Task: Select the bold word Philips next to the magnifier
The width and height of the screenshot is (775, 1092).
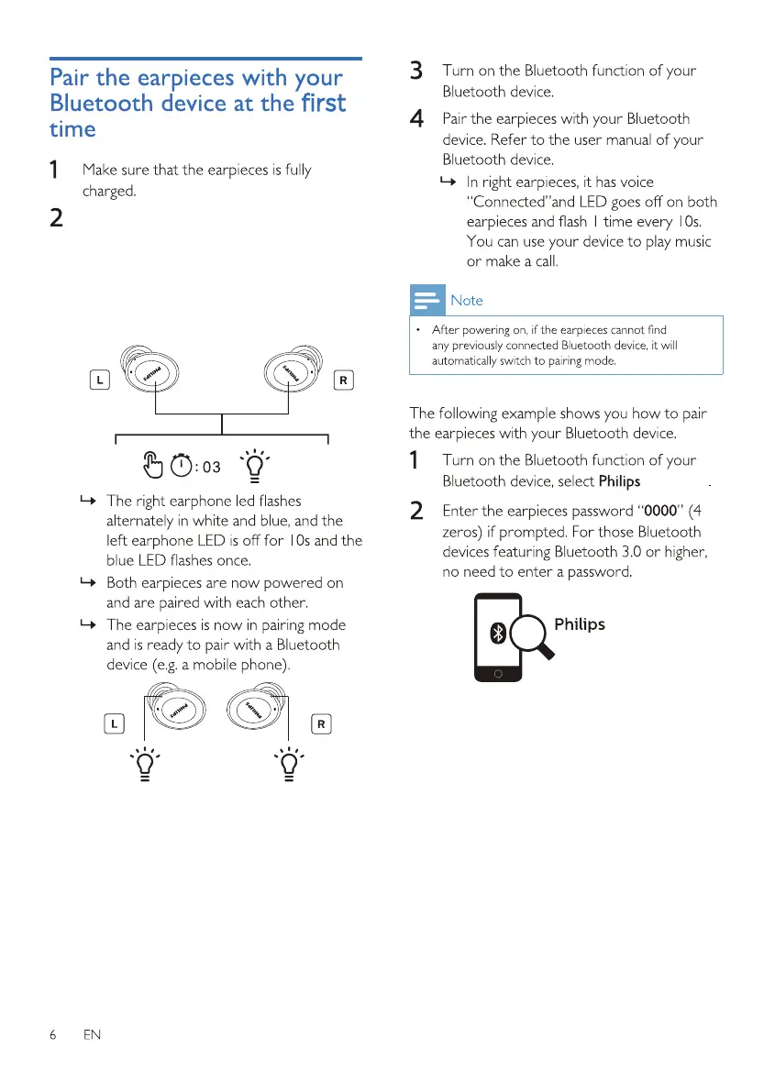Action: [x=580, y=624]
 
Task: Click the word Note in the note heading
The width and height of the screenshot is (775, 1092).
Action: [x=467, y=301]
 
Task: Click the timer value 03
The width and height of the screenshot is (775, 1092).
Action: [x=211, y=468]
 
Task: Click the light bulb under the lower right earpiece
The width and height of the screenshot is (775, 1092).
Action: [x=290, y=764]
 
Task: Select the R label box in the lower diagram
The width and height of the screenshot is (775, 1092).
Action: [x=321, y=723]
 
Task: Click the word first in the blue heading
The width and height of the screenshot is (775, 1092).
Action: [x=322, y=103]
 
